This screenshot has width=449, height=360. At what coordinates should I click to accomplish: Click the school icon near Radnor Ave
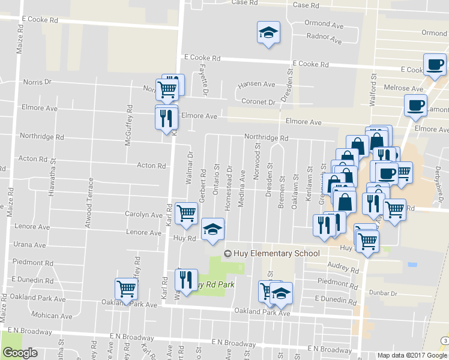268,33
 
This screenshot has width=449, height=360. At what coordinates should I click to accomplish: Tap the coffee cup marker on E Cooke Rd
434,65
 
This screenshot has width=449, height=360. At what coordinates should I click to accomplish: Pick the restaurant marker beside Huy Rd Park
186,280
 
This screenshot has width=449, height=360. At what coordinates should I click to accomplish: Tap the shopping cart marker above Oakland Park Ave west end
127,289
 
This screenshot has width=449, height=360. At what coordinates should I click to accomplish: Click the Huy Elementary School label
271,253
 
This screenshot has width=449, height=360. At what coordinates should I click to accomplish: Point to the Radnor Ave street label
324,39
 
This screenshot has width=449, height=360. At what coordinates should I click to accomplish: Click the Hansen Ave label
256,85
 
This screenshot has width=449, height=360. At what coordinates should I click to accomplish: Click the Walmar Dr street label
190,167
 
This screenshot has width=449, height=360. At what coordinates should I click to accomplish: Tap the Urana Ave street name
29,245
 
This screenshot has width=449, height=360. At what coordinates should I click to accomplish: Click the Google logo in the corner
20,353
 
